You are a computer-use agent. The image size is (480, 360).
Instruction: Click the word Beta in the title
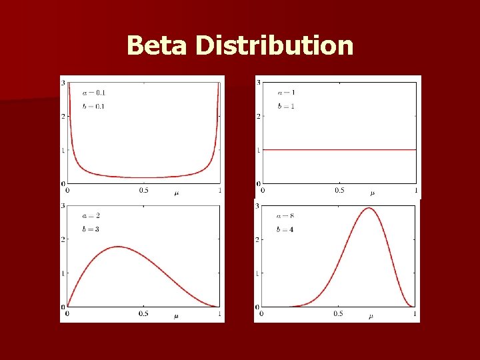point(158,46)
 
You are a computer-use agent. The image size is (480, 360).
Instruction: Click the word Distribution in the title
point(274,46)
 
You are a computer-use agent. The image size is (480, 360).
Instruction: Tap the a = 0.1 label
point(93,92)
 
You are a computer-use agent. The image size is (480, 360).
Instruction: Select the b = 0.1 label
point(93,107)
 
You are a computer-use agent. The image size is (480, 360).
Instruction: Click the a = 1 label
point(286,92)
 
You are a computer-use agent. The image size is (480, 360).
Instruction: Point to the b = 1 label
point(286,107)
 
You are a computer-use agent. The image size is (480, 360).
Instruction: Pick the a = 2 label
point(91,216)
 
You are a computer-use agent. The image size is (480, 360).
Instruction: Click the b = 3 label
point(91,229)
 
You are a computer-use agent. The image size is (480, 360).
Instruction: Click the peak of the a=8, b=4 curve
point(369,208)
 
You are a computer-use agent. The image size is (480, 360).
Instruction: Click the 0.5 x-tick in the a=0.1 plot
point(143,190)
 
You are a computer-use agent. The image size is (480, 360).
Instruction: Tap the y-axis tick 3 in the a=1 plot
point(258,82)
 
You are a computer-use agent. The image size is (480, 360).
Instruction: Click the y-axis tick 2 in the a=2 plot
point(63,240)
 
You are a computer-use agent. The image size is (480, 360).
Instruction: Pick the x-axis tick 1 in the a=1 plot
point(416,190)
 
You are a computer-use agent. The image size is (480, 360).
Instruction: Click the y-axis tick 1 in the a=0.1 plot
point(63,150)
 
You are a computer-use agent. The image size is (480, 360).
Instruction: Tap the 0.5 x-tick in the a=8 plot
point(339,313)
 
